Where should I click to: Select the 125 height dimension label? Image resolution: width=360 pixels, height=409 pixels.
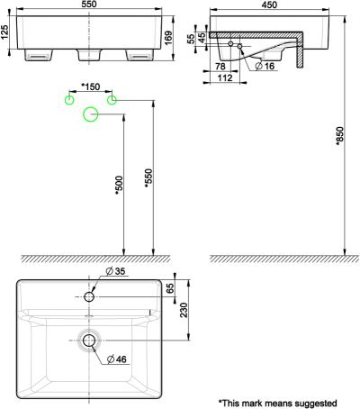(x=5, y=34)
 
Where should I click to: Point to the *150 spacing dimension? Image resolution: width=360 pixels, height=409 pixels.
(x=90, y=86)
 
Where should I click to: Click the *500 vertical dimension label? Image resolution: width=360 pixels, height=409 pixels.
(x=117, y=184)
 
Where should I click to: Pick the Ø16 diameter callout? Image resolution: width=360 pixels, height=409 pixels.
(x=265, y=66)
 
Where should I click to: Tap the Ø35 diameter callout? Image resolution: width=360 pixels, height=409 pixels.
(x=116, y=271)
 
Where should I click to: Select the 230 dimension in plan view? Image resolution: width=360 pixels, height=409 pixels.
(x=184, y=310)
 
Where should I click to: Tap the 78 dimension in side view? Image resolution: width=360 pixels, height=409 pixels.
(x=220, y=66)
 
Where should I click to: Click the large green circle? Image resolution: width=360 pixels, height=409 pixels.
(x=90, y=114)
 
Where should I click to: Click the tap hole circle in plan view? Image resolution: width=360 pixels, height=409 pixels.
(x=89, y=296)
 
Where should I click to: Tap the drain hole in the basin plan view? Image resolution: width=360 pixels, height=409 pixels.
(x=89, y=341)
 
